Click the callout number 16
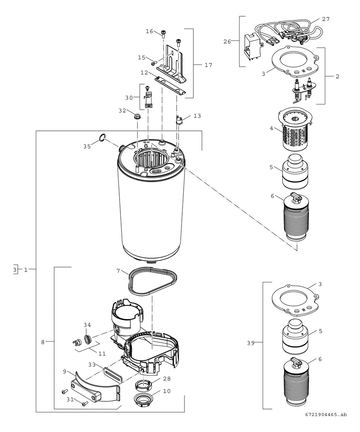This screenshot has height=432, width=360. pos(149,31)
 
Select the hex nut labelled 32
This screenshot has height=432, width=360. pos(137,116)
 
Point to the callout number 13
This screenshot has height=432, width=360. pos(197,116)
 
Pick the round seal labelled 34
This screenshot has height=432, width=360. pos(88,339)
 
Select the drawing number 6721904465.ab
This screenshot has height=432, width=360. pos(326,425)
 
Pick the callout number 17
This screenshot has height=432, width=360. pos(208,65)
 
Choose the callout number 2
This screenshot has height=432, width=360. pos(337,76)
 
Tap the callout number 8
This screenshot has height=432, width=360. pos(43,342)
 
